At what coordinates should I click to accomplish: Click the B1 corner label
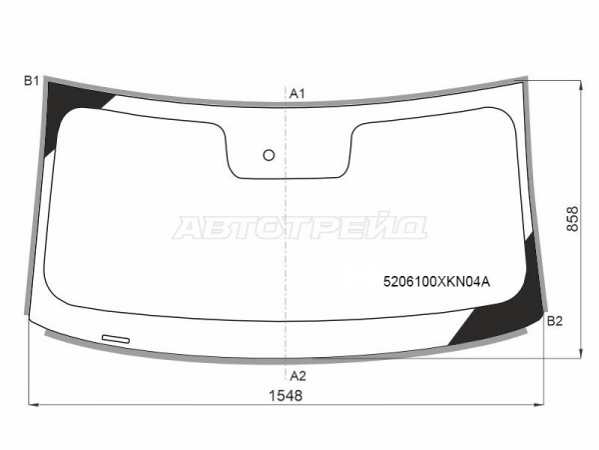tap(31, 81)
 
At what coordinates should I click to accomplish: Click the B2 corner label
tap(555, 321)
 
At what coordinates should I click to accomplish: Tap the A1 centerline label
tap(298, 93)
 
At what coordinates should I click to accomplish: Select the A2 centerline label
tap(298, 376)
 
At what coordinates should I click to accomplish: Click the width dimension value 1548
tap(286, 396)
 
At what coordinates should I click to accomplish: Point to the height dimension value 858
tap(572, 219)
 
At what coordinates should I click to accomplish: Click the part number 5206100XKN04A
tap(436, 282)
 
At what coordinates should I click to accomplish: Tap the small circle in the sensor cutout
tap(269, 155)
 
